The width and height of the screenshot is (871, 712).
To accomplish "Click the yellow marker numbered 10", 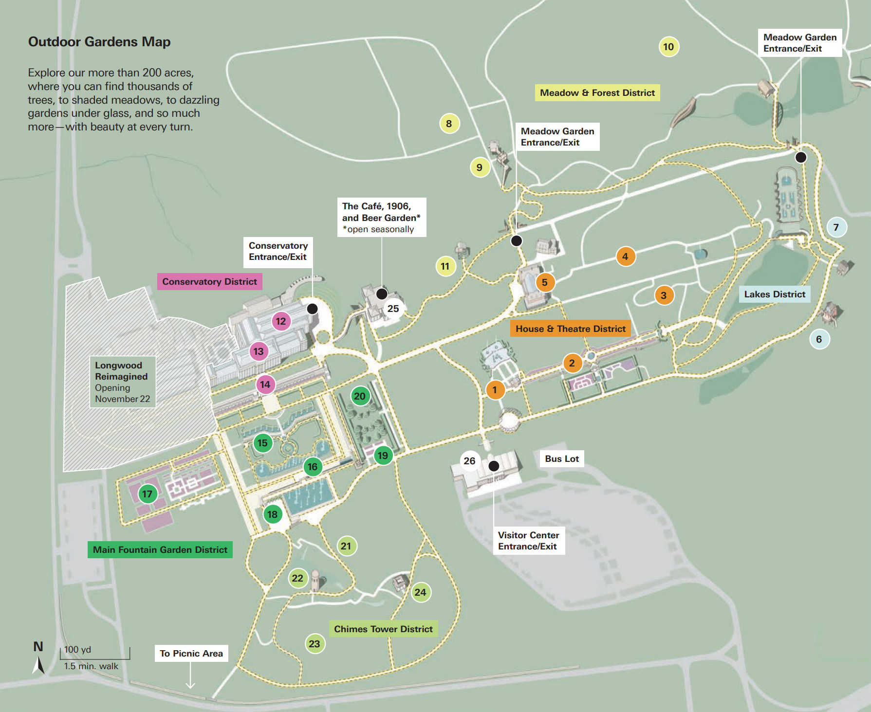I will coord(668,47).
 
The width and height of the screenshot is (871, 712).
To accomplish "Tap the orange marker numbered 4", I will coord(625,256).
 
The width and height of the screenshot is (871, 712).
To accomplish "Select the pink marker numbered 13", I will coord(259,351).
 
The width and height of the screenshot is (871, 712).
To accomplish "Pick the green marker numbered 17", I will coord(147,494).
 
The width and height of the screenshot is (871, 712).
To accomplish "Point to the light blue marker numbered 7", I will coord(836,227).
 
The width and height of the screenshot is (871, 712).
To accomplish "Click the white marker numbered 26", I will coord(469,460).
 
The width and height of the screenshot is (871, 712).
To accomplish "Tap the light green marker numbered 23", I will coord(315,644).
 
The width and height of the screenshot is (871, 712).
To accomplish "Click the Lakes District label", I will coord(775,294).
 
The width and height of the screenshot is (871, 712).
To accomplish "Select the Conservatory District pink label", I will coord(209,282).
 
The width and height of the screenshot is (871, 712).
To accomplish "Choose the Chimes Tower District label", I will coord(383,629).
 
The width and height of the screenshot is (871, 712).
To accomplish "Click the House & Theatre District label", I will coord(570,329).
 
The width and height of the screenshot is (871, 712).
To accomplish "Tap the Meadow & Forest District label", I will coord(597,93).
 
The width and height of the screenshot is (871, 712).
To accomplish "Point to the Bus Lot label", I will coord(562,458).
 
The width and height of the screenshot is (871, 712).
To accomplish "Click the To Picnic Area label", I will coord(191,653).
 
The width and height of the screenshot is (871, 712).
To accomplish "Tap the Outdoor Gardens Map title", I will coord(99,42).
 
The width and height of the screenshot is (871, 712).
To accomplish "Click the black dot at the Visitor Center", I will coord(494,466).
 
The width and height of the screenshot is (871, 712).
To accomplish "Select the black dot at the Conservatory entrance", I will coord(313,309).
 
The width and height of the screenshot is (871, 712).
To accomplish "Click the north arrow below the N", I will coord(38,665).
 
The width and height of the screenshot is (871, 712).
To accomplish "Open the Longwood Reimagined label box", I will coord(122,382).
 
